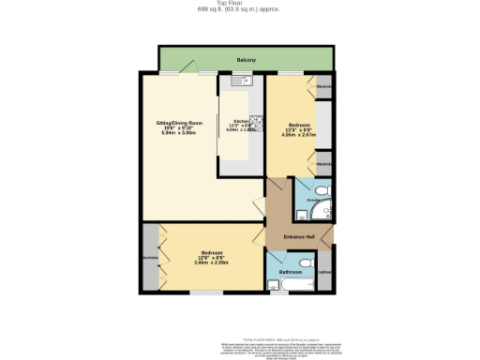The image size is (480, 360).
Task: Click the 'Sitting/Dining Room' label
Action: pyautogui.click(x=178, y=124)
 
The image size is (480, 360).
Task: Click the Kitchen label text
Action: pyautogui.click(x=242, y=120)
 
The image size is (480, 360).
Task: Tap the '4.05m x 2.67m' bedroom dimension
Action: pyautogui.click(x=300, y=133)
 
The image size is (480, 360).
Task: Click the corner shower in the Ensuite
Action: pyautogui.click(x=319, y=212)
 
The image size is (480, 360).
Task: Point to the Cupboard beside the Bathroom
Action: pyautogui.click(x=324, y=273)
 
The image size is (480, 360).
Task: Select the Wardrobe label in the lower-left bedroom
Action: pyautogui.click(x=150, y=258)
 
